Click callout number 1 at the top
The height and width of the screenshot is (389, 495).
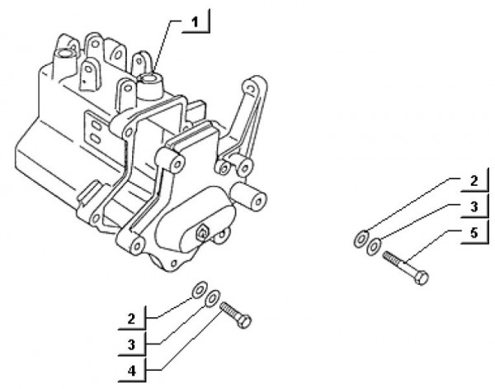[x=196, y=22]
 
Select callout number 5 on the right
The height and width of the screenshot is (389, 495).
[x=474, y=233]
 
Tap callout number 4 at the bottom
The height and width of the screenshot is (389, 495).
[x=132, y=370]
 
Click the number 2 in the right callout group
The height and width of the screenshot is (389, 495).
[x=474, y=181]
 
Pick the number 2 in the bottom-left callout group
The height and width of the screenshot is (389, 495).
[x=132, y=319]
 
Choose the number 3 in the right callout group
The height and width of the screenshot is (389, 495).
[x=474, y=207]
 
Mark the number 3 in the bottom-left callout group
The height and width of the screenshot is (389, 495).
[x=132, y=344]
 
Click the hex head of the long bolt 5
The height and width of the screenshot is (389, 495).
[x=422, y=278]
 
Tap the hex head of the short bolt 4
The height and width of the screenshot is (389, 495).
[x=245, y=321]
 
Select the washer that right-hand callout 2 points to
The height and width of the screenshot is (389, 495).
[x=361, y=239]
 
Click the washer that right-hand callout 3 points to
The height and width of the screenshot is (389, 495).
[x=374, y=246]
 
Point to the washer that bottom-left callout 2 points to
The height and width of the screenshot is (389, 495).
[x=200, y=289]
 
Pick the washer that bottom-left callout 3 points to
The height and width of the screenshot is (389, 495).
[x=212, y=297]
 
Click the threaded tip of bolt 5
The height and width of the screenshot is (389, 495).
[x=387, y=255]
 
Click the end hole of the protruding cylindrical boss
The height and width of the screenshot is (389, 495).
[x=258, y=202]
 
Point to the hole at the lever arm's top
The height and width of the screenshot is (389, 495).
[x=250, y=88]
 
